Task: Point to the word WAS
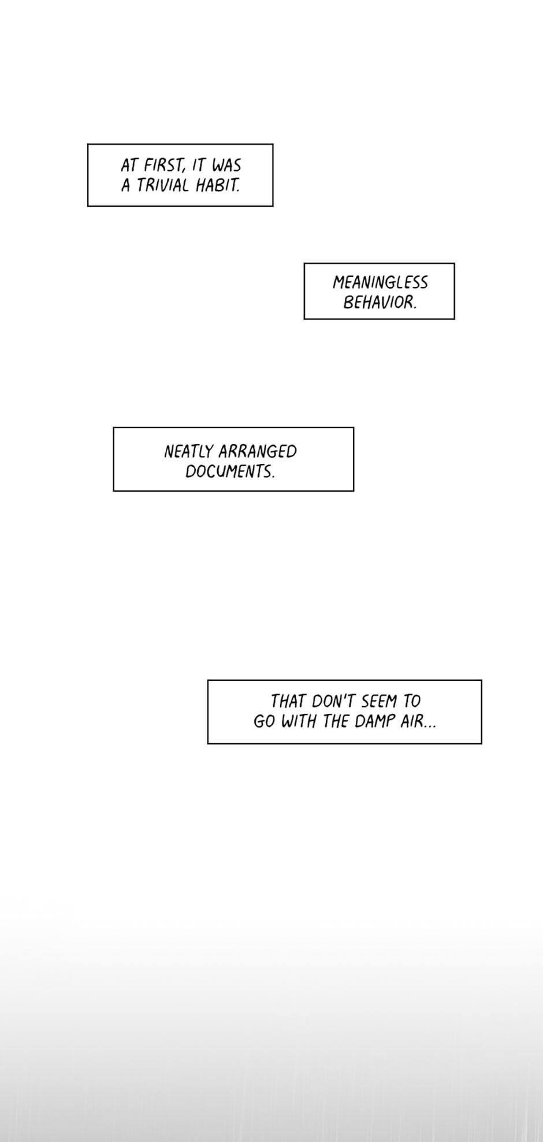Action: (x=226, y=166)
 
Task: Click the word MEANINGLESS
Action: (x=380, y=283)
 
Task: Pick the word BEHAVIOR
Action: (x=380, y=302)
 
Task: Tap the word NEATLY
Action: (x=188, y=451)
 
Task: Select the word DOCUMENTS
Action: (x=230, y=471)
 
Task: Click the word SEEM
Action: (x=379, y=701)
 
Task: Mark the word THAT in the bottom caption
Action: (x=288, y=701)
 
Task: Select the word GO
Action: (x=264, y=721)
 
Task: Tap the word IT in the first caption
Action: (x=199, y=166)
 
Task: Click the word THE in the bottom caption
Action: (x=336, y=721)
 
